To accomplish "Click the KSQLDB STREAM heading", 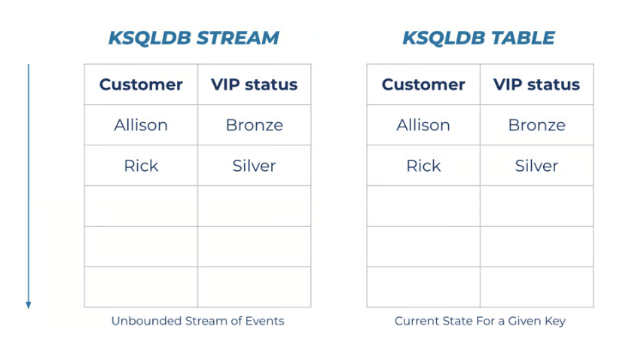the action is (194, 38).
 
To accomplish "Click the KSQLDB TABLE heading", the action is (478, 38).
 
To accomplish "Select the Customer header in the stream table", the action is (141, 84).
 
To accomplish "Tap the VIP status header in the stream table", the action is (255, 84).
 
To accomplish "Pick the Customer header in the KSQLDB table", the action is (423, 84).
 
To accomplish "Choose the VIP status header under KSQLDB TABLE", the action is (536, 84).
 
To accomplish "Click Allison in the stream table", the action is (141, 125).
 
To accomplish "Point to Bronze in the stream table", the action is (255, 125).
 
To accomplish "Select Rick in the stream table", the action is (141, 166).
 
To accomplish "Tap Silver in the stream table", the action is (255, 166).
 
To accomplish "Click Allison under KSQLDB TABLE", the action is (423, 125).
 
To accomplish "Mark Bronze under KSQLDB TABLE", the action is (536, 125).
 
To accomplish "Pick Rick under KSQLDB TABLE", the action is (423, 166).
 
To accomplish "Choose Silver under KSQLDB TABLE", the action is (536, 166).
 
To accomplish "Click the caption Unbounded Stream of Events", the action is (198, 321).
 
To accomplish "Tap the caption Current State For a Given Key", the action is (480, 322).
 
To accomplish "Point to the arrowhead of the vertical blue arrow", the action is (29, 306).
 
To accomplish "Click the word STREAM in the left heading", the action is (238, 38).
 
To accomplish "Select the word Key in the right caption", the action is (555, 322).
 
